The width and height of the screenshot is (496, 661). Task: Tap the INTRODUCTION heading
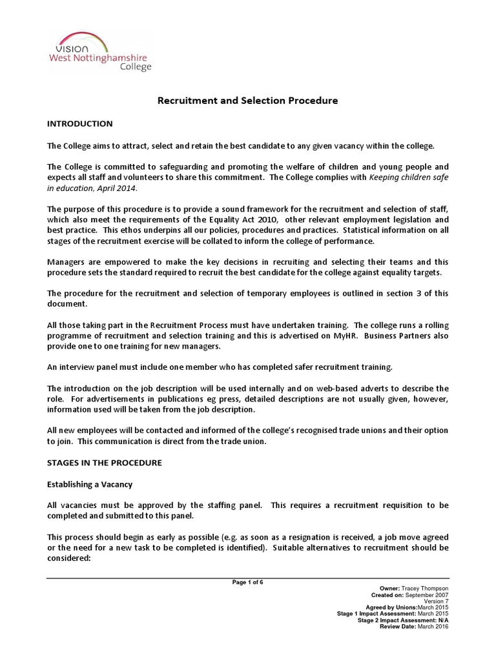tap(80, 123)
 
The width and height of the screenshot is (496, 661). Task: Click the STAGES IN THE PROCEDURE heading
tap(105, 463)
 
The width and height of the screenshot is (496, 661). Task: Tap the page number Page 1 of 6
tap(248, 582)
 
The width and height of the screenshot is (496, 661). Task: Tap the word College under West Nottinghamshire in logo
tap(136, 66)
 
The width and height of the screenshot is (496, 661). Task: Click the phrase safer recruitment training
tap(336, 367)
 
